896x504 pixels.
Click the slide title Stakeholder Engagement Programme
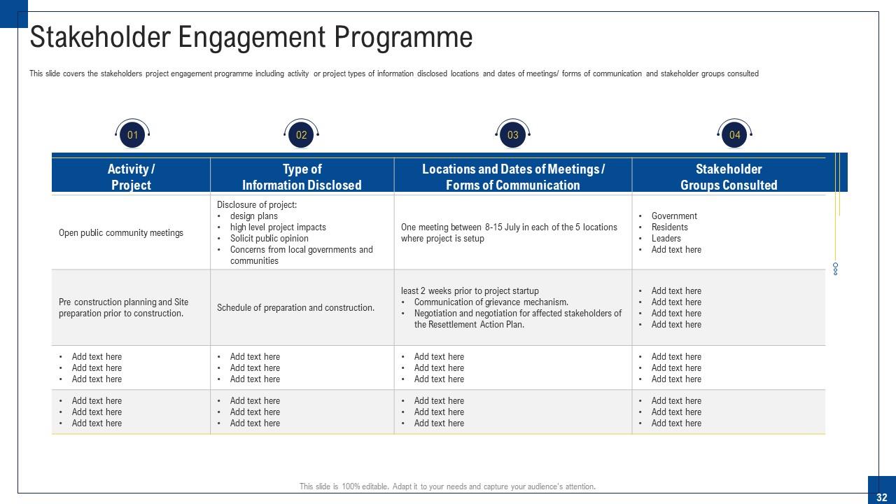[x=251, y=37]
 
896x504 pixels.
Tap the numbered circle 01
[x=132, y=135]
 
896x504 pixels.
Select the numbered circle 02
[x=302, y=135]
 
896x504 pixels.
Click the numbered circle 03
[x=513, y=135]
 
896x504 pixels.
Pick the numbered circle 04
[x=734, y=135]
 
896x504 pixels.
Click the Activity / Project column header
[x=131, y=176]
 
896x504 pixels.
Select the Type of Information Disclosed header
[x=302, y=176]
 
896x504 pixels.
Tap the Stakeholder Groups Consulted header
[x=729, y=176]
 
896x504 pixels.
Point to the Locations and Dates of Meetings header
[x=513, y=176]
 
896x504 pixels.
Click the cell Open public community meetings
[x=121, y=233]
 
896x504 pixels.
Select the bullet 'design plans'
[x=254, y=216]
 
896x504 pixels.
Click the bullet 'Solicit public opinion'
[x=269, y=239]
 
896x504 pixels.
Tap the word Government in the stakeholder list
[x=674, y=216]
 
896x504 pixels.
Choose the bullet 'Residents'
[x=670, y=227]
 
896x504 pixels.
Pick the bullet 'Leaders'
[x=666, y=239]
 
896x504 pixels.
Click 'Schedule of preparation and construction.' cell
[x=295, y=308]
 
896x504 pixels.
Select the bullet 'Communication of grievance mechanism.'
[x=491, y=302]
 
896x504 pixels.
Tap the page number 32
[x=881, y=497]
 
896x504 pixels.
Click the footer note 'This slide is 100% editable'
[x=447, y=486]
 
